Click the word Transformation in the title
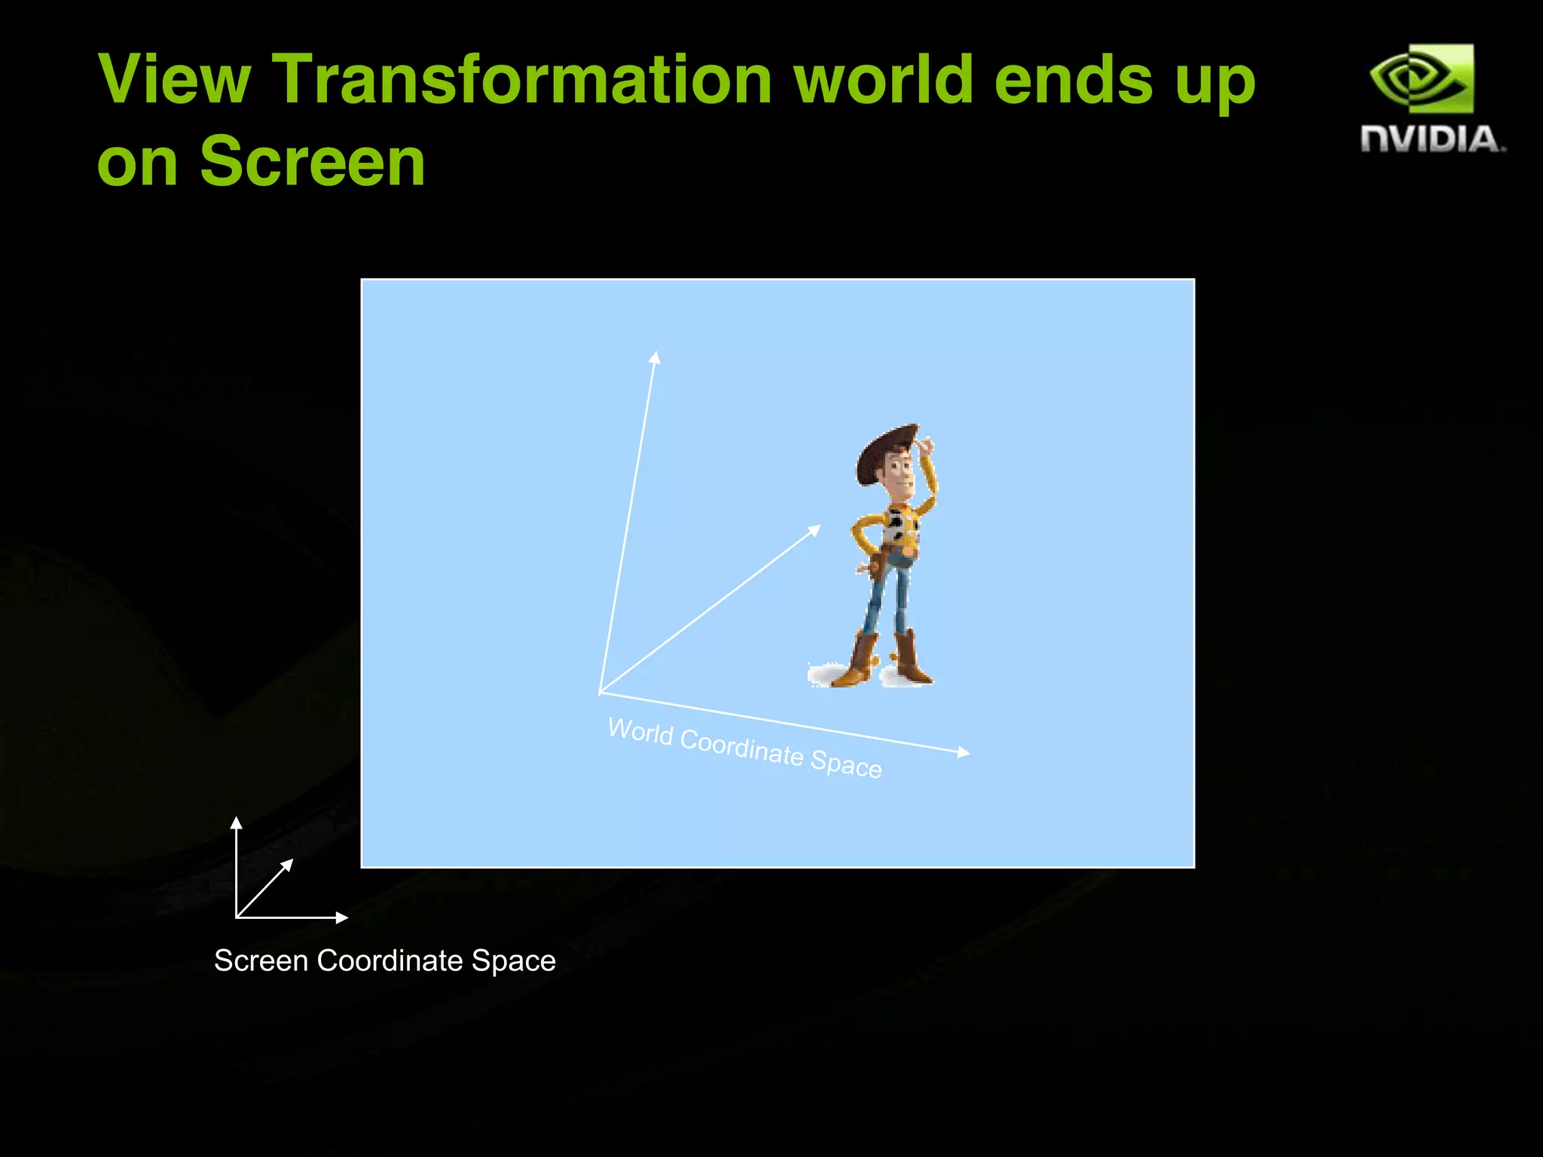(521, 80)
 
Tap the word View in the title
(174, 80)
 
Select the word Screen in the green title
(312, 162)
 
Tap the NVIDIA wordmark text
(1432, 140)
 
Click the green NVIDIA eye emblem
(1421, 78)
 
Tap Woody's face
(898, 475)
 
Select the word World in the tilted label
(640, 731)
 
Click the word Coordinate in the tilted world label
(741, 747)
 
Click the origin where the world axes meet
(600, 693)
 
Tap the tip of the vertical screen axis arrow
(237, 822)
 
